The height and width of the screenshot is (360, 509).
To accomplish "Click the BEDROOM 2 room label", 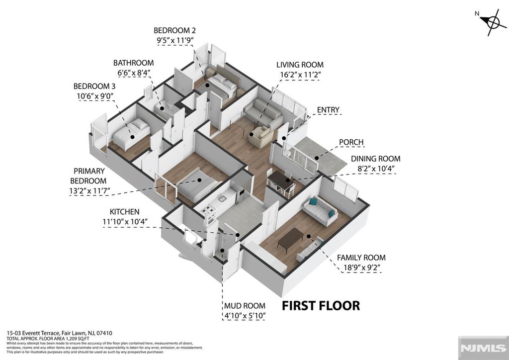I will pos(175,29).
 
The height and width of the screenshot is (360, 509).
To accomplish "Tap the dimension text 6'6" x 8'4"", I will pos(133,73).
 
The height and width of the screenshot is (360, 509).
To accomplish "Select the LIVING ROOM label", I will pos(300,65).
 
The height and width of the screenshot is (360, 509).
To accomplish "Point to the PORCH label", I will pos(351,142).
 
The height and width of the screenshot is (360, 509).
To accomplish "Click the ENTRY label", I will pos(329,110).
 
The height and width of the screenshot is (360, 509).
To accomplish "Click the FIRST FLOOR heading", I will pos(321,305).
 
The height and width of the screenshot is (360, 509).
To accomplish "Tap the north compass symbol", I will pos(493,22).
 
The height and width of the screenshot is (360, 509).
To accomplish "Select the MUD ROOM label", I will pos(244,306).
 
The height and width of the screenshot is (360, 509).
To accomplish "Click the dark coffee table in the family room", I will pos(290,239).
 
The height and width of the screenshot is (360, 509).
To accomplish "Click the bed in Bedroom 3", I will pos(130,133).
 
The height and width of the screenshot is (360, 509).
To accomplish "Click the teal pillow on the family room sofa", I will pos(313,201).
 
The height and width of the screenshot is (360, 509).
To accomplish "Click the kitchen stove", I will pos(210,212).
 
